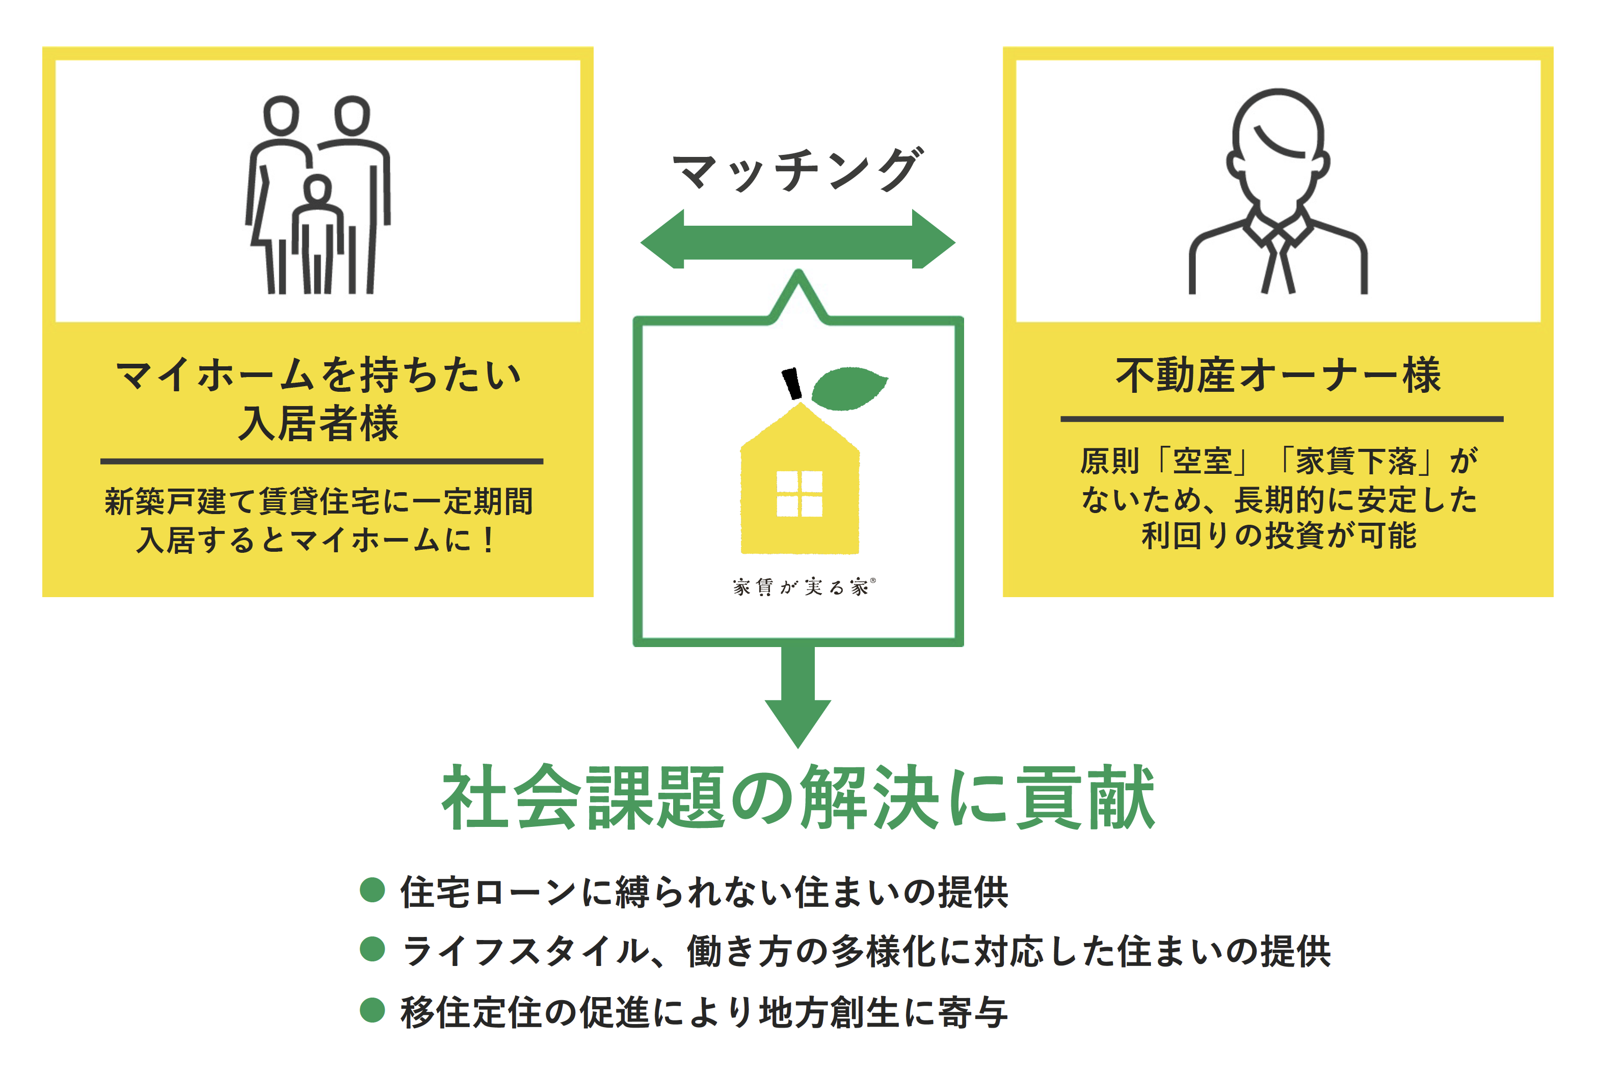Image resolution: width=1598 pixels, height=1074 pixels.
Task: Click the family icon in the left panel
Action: [318, 195]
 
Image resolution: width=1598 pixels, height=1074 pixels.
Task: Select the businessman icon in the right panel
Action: [1278, 192]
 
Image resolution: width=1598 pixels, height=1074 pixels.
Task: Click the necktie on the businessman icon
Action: [1278, 264]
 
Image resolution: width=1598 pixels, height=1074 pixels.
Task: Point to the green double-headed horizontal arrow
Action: [798, 240]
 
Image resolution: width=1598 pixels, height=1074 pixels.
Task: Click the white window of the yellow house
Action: [800, 493]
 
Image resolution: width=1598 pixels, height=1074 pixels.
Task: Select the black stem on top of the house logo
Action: [792, 384]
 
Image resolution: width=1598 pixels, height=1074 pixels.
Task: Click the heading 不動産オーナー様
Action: [1278, 375]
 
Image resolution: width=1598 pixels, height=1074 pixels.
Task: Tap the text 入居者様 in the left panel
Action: [318, 423]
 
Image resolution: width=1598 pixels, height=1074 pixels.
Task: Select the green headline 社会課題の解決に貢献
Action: [798, 798]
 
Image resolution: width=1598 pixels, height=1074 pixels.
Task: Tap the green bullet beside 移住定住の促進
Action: [372, 1010]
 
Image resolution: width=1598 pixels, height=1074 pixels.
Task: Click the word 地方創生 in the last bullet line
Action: [829, 1012]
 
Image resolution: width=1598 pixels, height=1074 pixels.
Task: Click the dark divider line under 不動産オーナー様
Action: [1282, 418]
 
